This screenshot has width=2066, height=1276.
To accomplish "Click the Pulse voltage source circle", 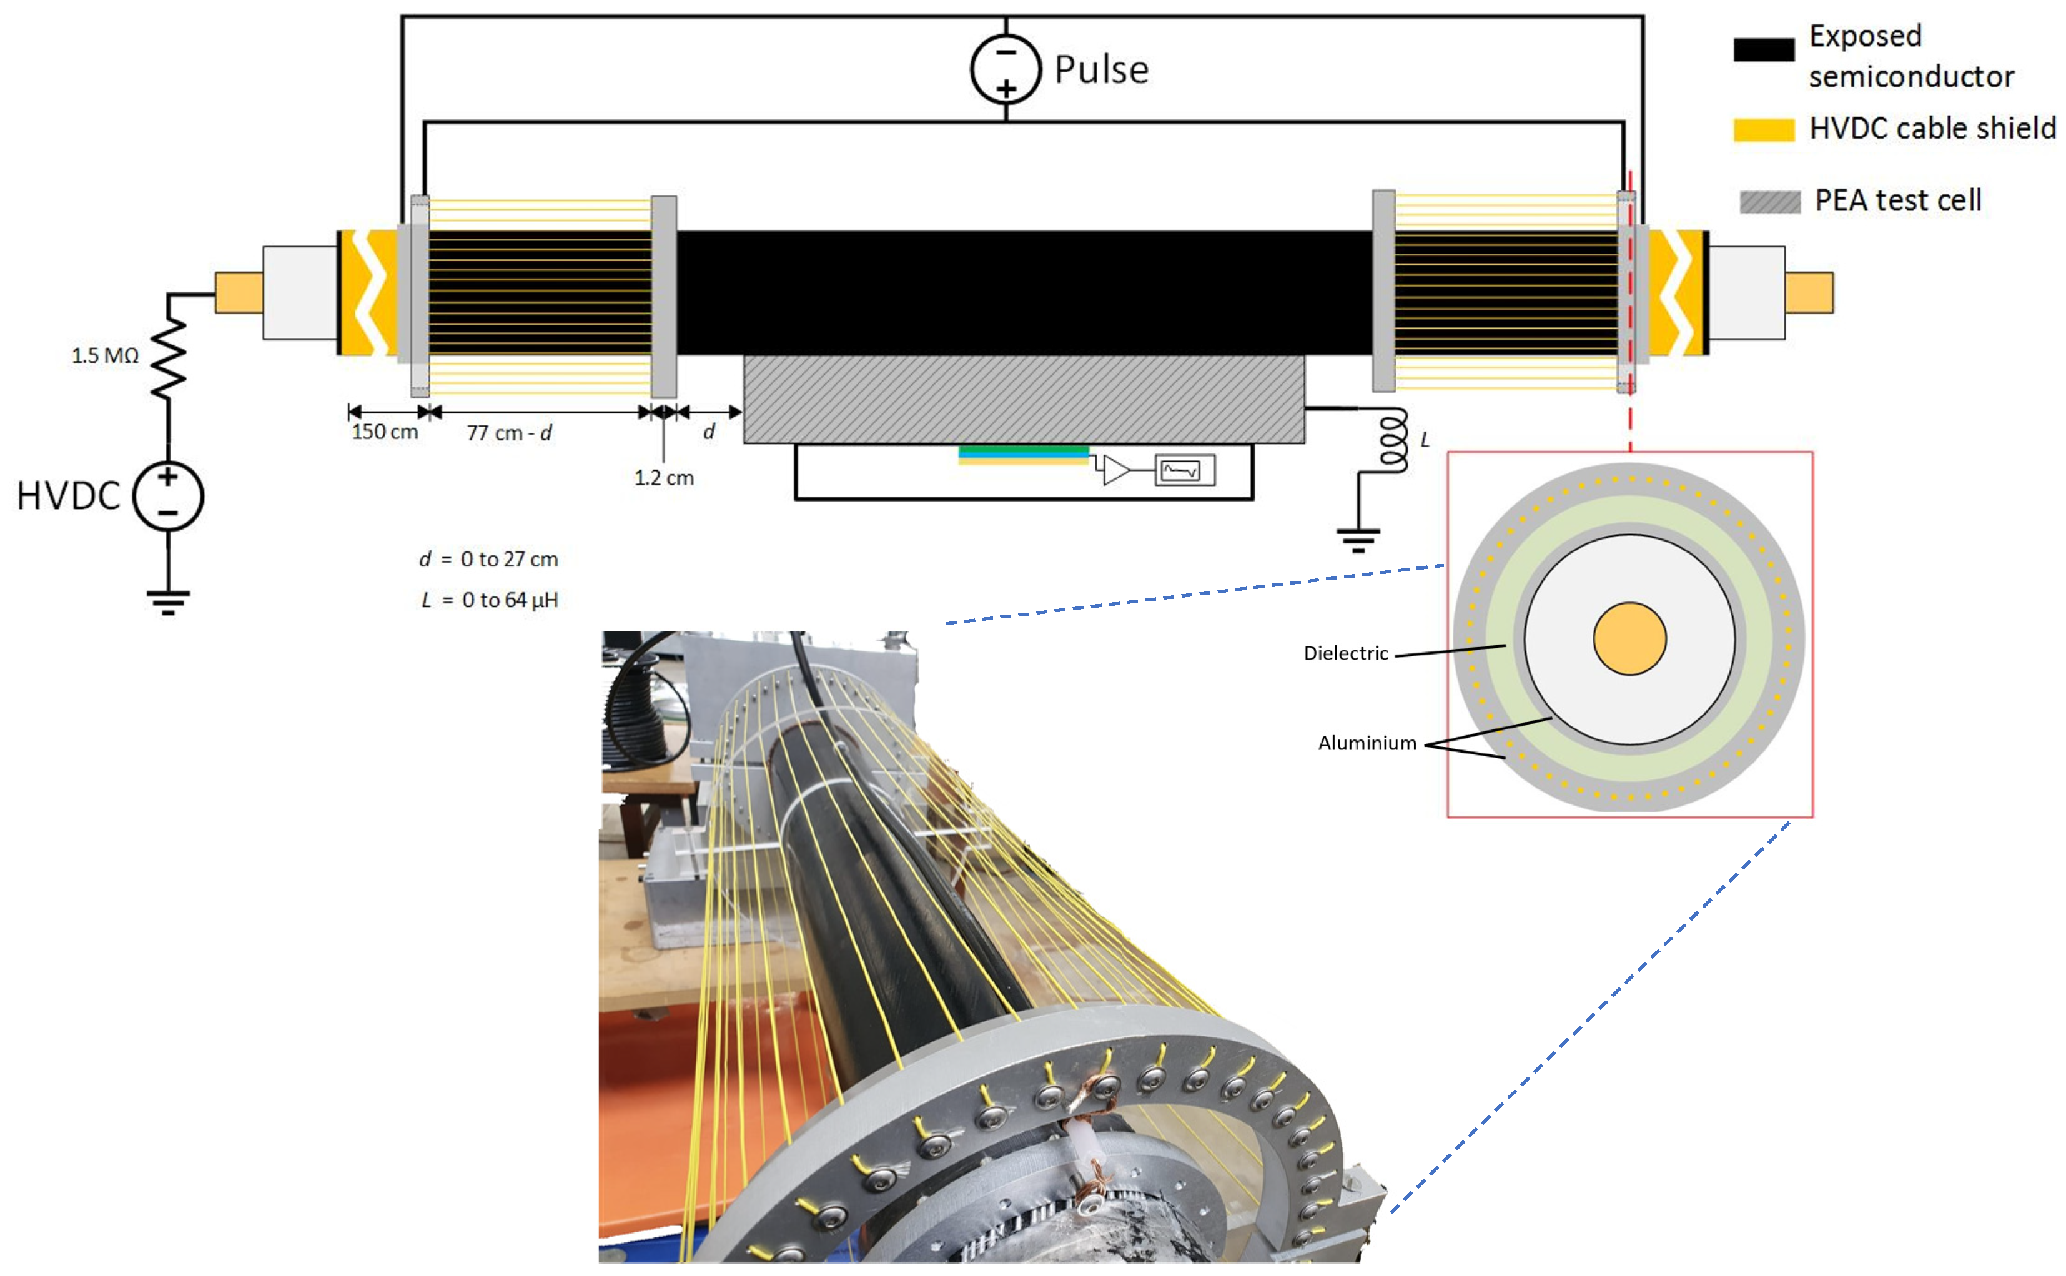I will click(x=1005, y=69).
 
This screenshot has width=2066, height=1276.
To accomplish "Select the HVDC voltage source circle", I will click(x=168, y=496).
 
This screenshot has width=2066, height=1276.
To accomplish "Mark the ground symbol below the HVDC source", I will click(x=168, y=601).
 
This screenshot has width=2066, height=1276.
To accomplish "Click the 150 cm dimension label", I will click(x=384, y=432).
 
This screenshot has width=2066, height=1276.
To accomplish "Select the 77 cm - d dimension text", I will click(x=509, y=433).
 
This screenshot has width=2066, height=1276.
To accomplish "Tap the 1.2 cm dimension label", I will click(x=664, y=478).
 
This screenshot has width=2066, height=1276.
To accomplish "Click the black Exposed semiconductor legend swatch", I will click(x=1763, y=50).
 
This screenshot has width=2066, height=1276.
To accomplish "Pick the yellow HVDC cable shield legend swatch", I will click(x=1763, y=129).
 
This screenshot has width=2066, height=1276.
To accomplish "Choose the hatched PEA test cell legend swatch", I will click(x=1769, y=202).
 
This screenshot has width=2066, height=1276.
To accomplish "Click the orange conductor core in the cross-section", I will click(x=1629, y=639).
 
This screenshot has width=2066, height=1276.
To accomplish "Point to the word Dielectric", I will click(x=1345, y=653).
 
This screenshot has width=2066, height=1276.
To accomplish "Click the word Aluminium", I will click(x=1367, y=743).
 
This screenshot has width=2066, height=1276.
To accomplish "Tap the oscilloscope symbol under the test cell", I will click(x=1184, y=470).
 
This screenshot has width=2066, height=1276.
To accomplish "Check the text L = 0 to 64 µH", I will click(x=489, y=600).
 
